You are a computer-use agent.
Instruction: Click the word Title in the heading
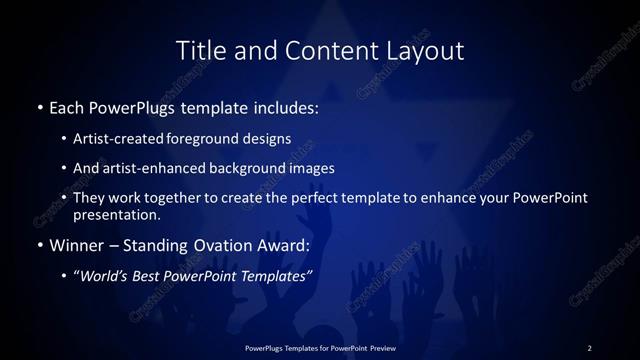[200, 50]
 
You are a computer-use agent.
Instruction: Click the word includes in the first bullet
[283, 105]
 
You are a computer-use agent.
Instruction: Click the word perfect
[317, 198]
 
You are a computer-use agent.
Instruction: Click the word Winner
[76, 244]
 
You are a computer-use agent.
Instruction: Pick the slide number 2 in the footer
[589, 347]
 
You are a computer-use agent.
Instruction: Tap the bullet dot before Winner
[39, 245]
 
